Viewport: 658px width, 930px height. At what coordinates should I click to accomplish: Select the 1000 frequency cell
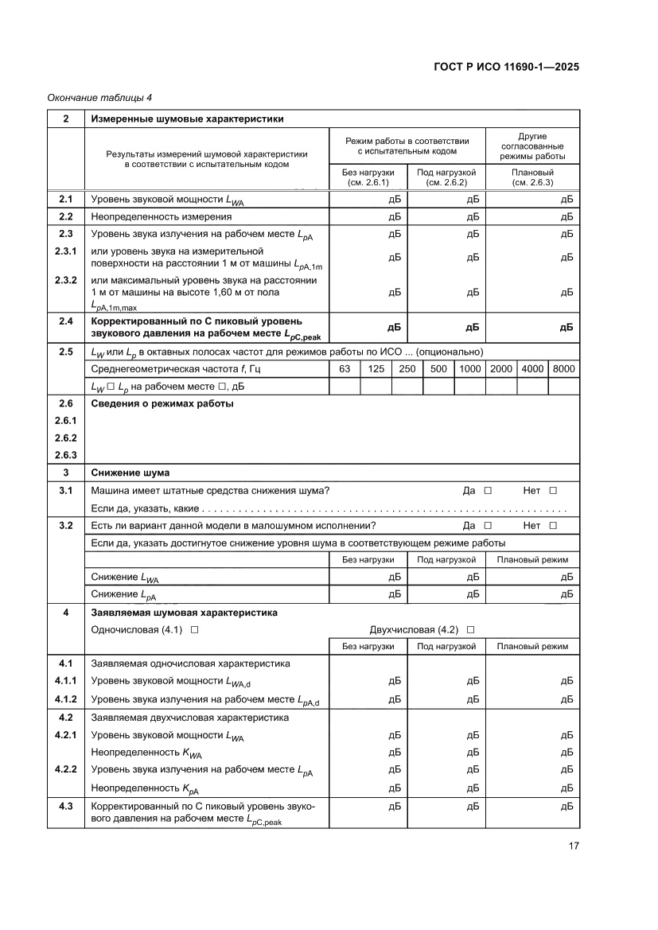(x=469, y=369)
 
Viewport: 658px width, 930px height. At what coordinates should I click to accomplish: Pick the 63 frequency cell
(x=345, y=369)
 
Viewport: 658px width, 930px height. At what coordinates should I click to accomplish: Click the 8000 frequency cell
(x=563, y=369)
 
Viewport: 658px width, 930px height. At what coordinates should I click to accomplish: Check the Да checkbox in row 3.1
(x=488, y=491)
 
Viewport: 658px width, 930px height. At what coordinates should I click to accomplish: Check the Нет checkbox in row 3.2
(x=553, y=526)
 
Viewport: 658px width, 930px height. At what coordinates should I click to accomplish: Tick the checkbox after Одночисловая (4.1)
(x=194, y=629)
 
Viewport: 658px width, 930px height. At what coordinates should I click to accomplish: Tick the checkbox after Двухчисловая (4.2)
(x=471, y=629)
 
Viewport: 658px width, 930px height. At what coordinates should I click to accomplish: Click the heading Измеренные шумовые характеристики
(x=187, y=119)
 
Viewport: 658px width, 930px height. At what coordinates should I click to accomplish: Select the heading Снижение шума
(x=130, y=473)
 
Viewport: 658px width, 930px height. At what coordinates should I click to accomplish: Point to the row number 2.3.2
(x=65, y=280)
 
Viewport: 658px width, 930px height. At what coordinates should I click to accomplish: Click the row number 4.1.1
(x=65, y=681)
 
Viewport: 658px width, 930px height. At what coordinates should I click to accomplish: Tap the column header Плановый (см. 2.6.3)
(x=531, y=177)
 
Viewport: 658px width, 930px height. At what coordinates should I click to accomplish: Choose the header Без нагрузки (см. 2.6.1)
(x=368, y=177)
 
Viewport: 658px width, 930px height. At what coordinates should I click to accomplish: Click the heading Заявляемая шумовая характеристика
(x=185, y=613)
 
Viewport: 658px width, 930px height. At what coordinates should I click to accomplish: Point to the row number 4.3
(x=65, y=807)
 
